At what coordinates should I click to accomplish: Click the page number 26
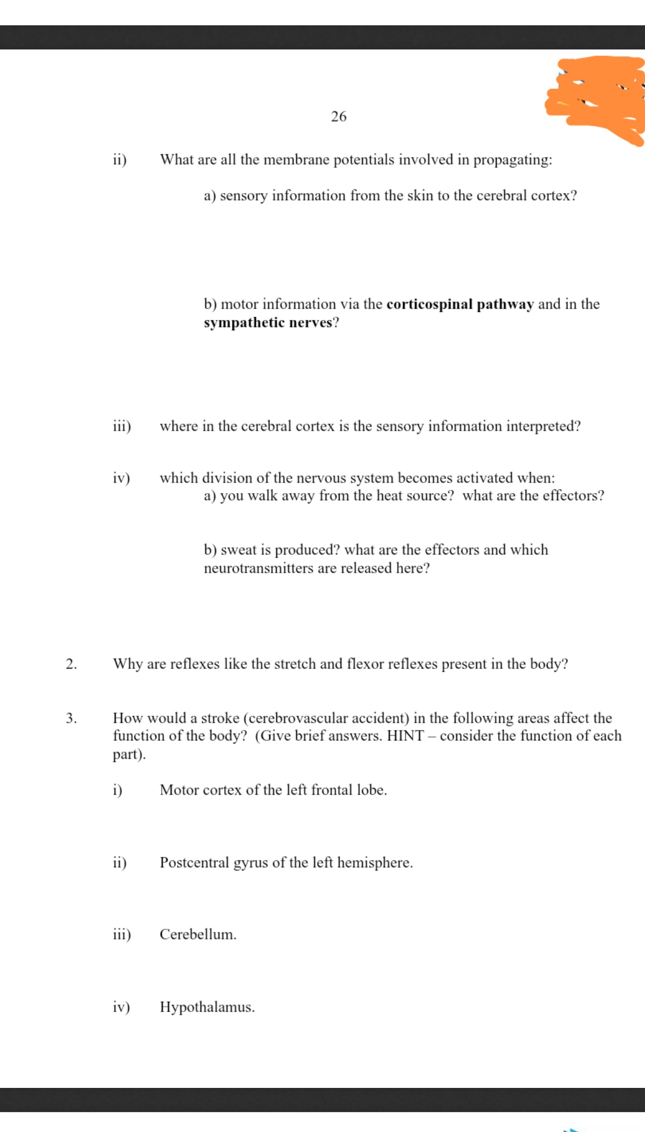coord(339,116)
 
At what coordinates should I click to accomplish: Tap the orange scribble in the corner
coord(597,97)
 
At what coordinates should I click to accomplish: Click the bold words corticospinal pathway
coord(460,304)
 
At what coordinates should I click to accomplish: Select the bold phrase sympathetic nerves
coord(268,323)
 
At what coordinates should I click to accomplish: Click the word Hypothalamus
coord(206,1007)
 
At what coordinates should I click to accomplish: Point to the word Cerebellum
coord(197,935)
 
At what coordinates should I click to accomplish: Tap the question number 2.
coord(71,664)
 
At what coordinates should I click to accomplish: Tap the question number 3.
coord(71,718)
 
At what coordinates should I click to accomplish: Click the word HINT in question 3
coord(405,736)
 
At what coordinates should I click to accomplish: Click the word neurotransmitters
coord(259,568)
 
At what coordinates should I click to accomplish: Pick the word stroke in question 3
coord(220,718)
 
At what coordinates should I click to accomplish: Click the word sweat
coord(239,550)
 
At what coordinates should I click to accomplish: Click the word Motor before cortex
coord(179,790)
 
